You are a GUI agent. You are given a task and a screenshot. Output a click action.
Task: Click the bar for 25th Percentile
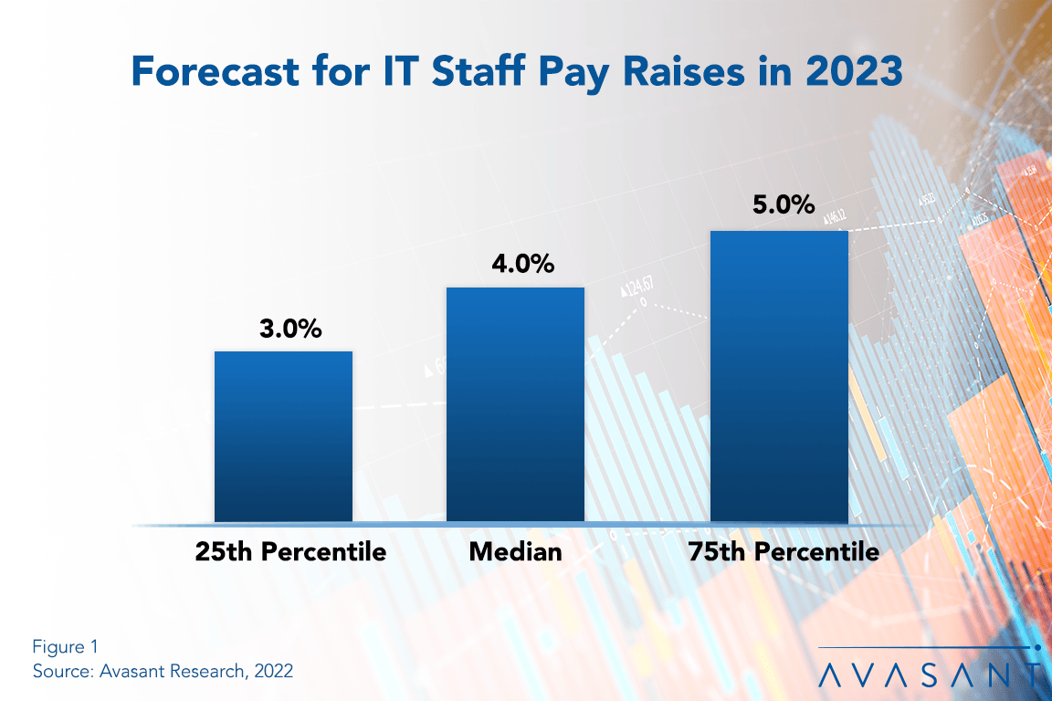pos(283,436)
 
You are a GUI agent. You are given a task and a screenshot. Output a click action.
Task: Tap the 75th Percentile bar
pos(779,376)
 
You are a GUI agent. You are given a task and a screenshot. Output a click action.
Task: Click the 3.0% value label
pos(283,330)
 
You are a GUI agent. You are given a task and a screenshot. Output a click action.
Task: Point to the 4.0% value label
pos(515,265)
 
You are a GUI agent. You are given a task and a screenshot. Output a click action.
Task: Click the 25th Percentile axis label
pos(289,551)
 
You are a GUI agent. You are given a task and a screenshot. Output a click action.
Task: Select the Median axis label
pos(515,551)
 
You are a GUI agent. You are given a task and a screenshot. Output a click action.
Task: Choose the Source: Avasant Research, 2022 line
pos(163,671)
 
